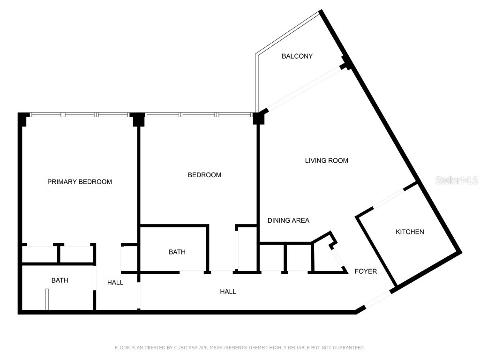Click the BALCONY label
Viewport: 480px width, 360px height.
pyautogui.click(x=297, y=56)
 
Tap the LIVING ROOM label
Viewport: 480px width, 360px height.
pyautogui.click(x=326, y=161)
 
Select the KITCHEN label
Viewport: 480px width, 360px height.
pyautogui.click(x=410, y=232)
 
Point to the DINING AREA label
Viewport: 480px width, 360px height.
pyautogui.click(x=288, y=220)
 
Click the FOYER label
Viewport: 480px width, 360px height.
pyautogui.click(x=366, y=271)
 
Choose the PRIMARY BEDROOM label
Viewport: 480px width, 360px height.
pyautogui.click(x=80, y=182)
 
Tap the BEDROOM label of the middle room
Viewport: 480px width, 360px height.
pyautogui.click(x=204, y=175)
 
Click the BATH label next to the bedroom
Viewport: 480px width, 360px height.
pyautogui.click(x=177, y=252)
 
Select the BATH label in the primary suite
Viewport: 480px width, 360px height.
pyautogui.click(x=60, y=280)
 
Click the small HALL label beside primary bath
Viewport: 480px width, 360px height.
pyautogui.click(x=115, y=283)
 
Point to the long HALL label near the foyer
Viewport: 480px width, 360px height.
pyautogui.click(x=228, y=292)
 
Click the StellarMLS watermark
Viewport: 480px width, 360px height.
pyautogui.click(x=457, y=180)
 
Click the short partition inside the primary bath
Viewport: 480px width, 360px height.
pyautogui.click(x=46, y=299)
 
